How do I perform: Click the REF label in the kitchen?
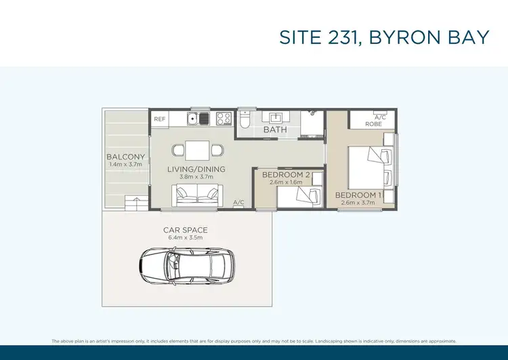160,119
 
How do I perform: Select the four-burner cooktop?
224,119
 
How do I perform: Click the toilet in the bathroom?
246,120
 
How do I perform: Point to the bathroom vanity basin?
276,118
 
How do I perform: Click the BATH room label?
275,129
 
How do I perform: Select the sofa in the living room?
197,195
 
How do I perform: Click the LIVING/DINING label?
196,169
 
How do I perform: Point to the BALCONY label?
126,157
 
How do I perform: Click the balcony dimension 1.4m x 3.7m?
126,165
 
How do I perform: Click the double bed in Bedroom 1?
369,166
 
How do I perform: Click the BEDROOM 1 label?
358,195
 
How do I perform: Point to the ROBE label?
373,124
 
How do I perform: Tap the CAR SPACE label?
185,231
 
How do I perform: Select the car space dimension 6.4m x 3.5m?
185,239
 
